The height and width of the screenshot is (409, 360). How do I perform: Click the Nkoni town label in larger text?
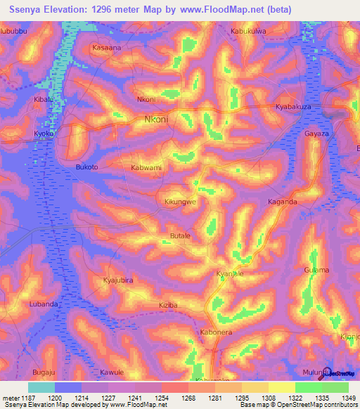point(156,119)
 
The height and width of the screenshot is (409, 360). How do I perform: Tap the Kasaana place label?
point(107,48)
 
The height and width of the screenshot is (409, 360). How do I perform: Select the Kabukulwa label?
point(250,31)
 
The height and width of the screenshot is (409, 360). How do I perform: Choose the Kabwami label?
point(146,168)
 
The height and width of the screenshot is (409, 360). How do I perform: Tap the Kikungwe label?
point(180,202)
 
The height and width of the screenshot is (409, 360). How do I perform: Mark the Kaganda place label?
point(282,202)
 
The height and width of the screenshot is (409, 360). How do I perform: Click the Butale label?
point(180,236)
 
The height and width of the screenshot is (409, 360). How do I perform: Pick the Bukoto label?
point(86,167)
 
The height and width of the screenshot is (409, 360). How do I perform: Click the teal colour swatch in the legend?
point(41,387)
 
